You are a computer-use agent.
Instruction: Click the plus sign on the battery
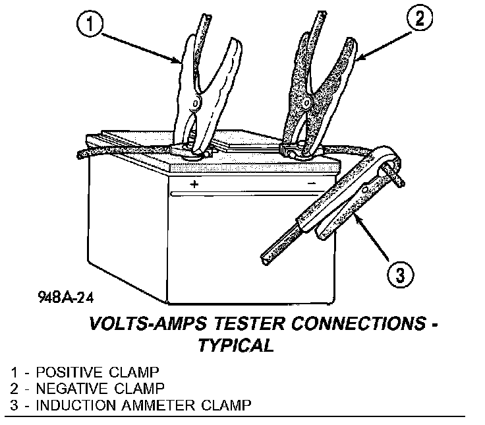[194, 184]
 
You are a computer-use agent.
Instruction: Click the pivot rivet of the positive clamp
[195, 104]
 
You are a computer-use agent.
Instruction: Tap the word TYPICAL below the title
[236, 346]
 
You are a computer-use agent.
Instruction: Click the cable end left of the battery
[80, 156]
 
